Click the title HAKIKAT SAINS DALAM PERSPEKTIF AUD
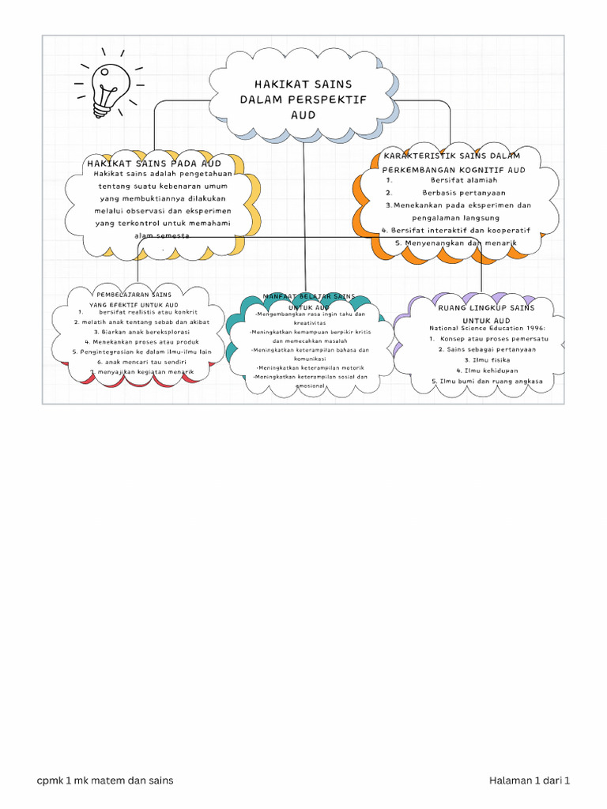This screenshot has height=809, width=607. tap(303, 99)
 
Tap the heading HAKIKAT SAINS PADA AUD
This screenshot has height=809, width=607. tap(154, 163)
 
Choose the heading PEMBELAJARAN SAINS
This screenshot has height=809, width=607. tap(134, 294)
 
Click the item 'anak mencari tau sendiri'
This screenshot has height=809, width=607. tap(136, 362)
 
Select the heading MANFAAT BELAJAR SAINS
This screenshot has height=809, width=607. tap(309, 296)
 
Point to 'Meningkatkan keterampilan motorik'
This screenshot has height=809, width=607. tap(310, 367)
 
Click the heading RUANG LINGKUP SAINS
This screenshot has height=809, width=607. tap(486, 307)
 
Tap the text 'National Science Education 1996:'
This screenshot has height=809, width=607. tap(487, 328)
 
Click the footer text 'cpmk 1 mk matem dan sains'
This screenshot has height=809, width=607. tap(105, 781)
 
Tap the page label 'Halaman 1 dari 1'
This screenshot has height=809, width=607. tap(530, 781)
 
